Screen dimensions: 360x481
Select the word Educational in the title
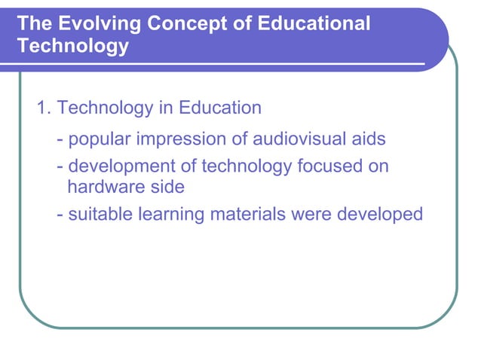[314, 24]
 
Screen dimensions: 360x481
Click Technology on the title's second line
[72, 47]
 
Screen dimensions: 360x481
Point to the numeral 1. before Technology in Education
[44, 108]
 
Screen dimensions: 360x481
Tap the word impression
[183, 139]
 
